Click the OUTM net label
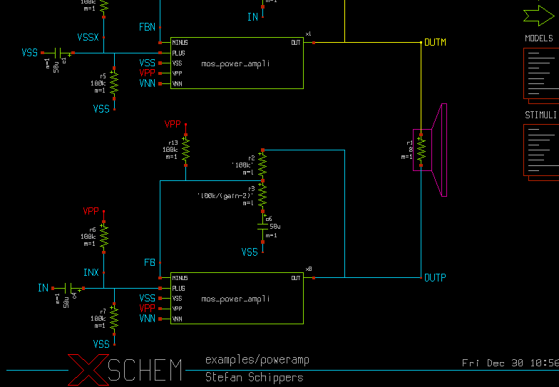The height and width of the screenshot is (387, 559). coord(435,43)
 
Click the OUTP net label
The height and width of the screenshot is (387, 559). coord(435,277)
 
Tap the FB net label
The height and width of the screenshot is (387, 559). coord(150,263)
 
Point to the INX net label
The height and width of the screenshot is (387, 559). coord(91,273)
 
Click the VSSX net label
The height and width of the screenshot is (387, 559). coord(88,37)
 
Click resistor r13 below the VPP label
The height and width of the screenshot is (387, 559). coord(185,150)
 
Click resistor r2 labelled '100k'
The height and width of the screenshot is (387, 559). coord(262,166)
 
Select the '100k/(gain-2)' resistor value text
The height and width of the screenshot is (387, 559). coord(225,195)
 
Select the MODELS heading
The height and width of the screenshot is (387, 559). coord(539,38)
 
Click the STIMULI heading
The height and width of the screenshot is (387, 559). coord(540,115)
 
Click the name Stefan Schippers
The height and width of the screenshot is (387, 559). coord(254,377)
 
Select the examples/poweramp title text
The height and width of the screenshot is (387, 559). coord(257,360)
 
